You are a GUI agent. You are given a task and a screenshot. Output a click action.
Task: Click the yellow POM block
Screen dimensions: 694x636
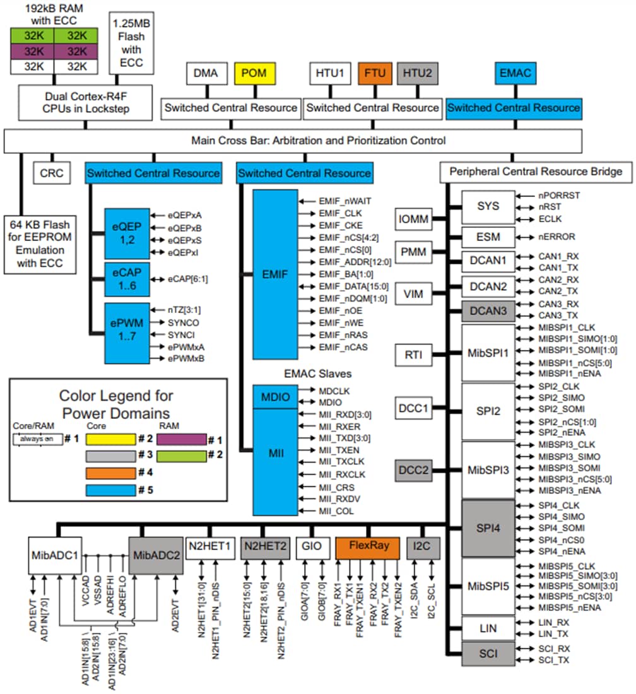coord(254,74)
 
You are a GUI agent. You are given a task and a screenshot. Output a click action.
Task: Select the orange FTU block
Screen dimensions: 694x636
coord(375,74)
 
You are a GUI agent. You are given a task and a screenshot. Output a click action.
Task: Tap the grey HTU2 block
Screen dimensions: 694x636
coord(418,74)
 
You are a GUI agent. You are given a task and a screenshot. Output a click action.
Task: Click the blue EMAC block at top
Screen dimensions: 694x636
coord(515,74)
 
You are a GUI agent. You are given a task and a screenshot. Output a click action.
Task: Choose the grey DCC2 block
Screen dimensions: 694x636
coord(414,470)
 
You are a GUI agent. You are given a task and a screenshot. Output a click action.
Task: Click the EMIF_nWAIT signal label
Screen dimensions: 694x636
coord(344,201)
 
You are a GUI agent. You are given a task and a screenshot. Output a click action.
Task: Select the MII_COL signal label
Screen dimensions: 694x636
coord(336,510)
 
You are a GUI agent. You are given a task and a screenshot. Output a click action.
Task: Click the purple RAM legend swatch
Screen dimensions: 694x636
coord(182,439)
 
